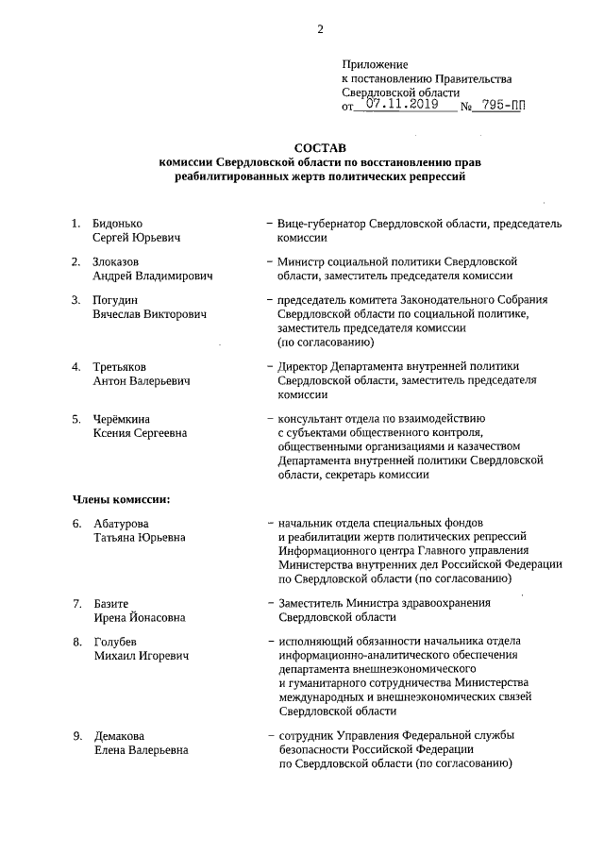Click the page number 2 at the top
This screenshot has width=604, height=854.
click(x=320, y=29)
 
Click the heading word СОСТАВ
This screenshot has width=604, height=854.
click(x=320, y=148)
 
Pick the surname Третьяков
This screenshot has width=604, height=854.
click(x=121, y=366)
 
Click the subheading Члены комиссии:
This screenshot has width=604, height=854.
click(x=121, y=497)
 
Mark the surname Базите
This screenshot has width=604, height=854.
click(x=111, y=602)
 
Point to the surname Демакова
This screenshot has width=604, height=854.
click(x=120, y=735)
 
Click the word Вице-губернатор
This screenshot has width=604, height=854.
click(x=325, y=224)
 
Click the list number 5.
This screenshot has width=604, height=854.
click(x=77, y=418)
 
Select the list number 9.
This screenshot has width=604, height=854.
click(x=77, y=735)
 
